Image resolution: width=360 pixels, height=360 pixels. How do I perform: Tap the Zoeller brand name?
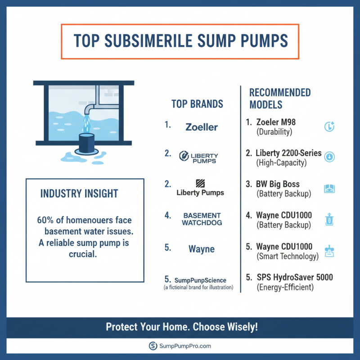coord(202,127)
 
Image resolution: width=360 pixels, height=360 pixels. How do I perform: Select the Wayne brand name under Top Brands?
coord(202,249)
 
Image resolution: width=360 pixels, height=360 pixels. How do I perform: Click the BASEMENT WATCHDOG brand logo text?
coord(202,219)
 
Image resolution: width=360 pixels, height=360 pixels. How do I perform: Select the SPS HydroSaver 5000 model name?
coord(294,277)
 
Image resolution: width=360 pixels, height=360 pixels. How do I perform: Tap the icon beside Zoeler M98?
coord(329,127)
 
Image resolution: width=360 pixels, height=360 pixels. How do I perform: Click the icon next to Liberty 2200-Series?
coord(329,157)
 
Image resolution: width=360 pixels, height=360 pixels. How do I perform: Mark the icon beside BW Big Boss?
coord(329,189)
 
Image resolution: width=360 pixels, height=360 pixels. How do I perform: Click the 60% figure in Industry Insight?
coord(45,221)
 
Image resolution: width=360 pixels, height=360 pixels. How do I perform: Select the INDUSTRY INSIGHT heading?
coord(79,194)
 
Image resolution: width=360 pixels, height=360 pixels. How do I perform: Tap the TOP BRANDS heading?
coord(197,104)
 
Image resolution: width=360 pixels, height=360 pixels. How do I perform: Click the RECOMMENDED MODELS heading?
coord(280,99)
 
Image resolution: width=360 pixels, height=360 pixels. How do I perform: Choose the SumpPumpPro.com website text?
coord(185,346)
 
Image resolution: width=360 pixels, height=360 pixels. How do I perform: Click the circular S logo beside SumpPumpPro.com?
coord(153,346)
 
